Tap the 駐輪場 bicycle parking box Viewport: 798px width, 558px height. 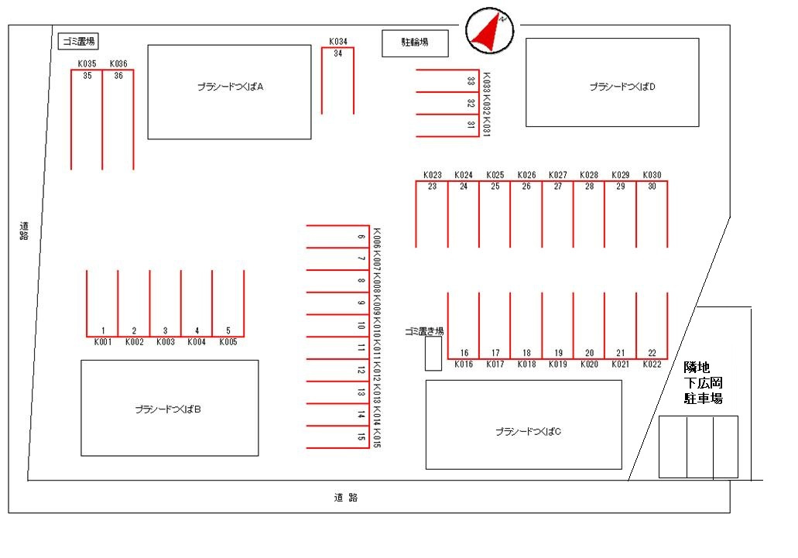(416, 44)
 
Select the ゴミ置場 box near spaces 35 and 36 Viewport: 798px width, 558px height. (79, 41)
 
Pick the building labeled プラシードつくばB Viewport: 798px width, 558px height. (170, 408)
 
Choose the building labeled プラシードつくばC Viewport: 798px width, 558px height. (523, 425)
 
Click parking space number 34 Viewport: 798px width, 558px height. (338, 81)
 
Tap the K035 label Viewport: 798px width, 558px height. (87, 63)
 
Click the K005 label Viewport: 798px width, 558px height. (228, 341)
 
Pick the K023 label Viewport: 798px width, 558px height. (433, 175)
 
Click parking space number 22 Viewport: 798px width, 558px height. (652, 325)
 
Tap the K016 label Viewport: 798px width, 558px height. (464, 364)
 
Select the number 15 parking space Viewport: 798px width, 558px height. (339, 438)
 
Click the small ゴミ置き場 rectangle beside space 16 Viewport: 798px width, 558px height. (433, 353)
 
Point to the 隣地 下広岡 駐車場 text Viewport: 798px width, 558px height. (703, 383)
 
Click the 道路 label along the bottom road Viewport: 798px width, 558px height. (347, 498)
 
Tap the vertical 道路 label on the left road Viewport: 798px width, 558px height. (24, 231)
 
